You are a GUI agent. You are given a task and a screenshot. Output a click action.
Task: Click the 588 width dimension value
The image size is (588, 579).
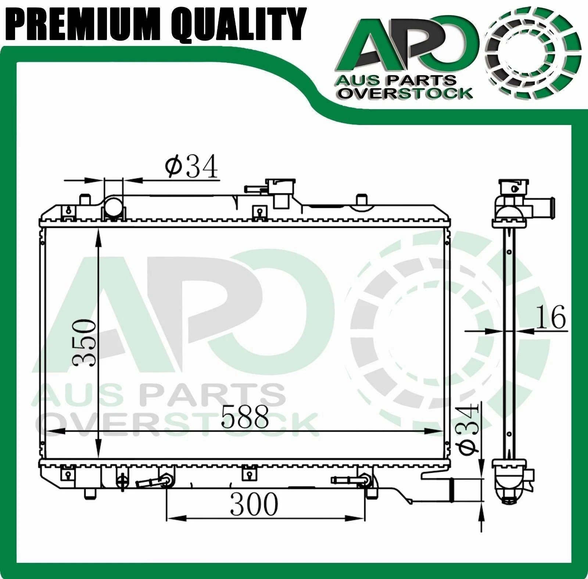point(245,416)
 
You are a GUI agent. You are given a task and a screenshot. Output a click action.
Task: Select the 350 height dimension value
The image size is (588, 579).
point(85,343)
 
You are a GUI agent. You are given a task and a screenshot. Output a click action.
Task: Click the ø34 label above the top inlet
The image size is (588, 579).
point(191,166)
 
